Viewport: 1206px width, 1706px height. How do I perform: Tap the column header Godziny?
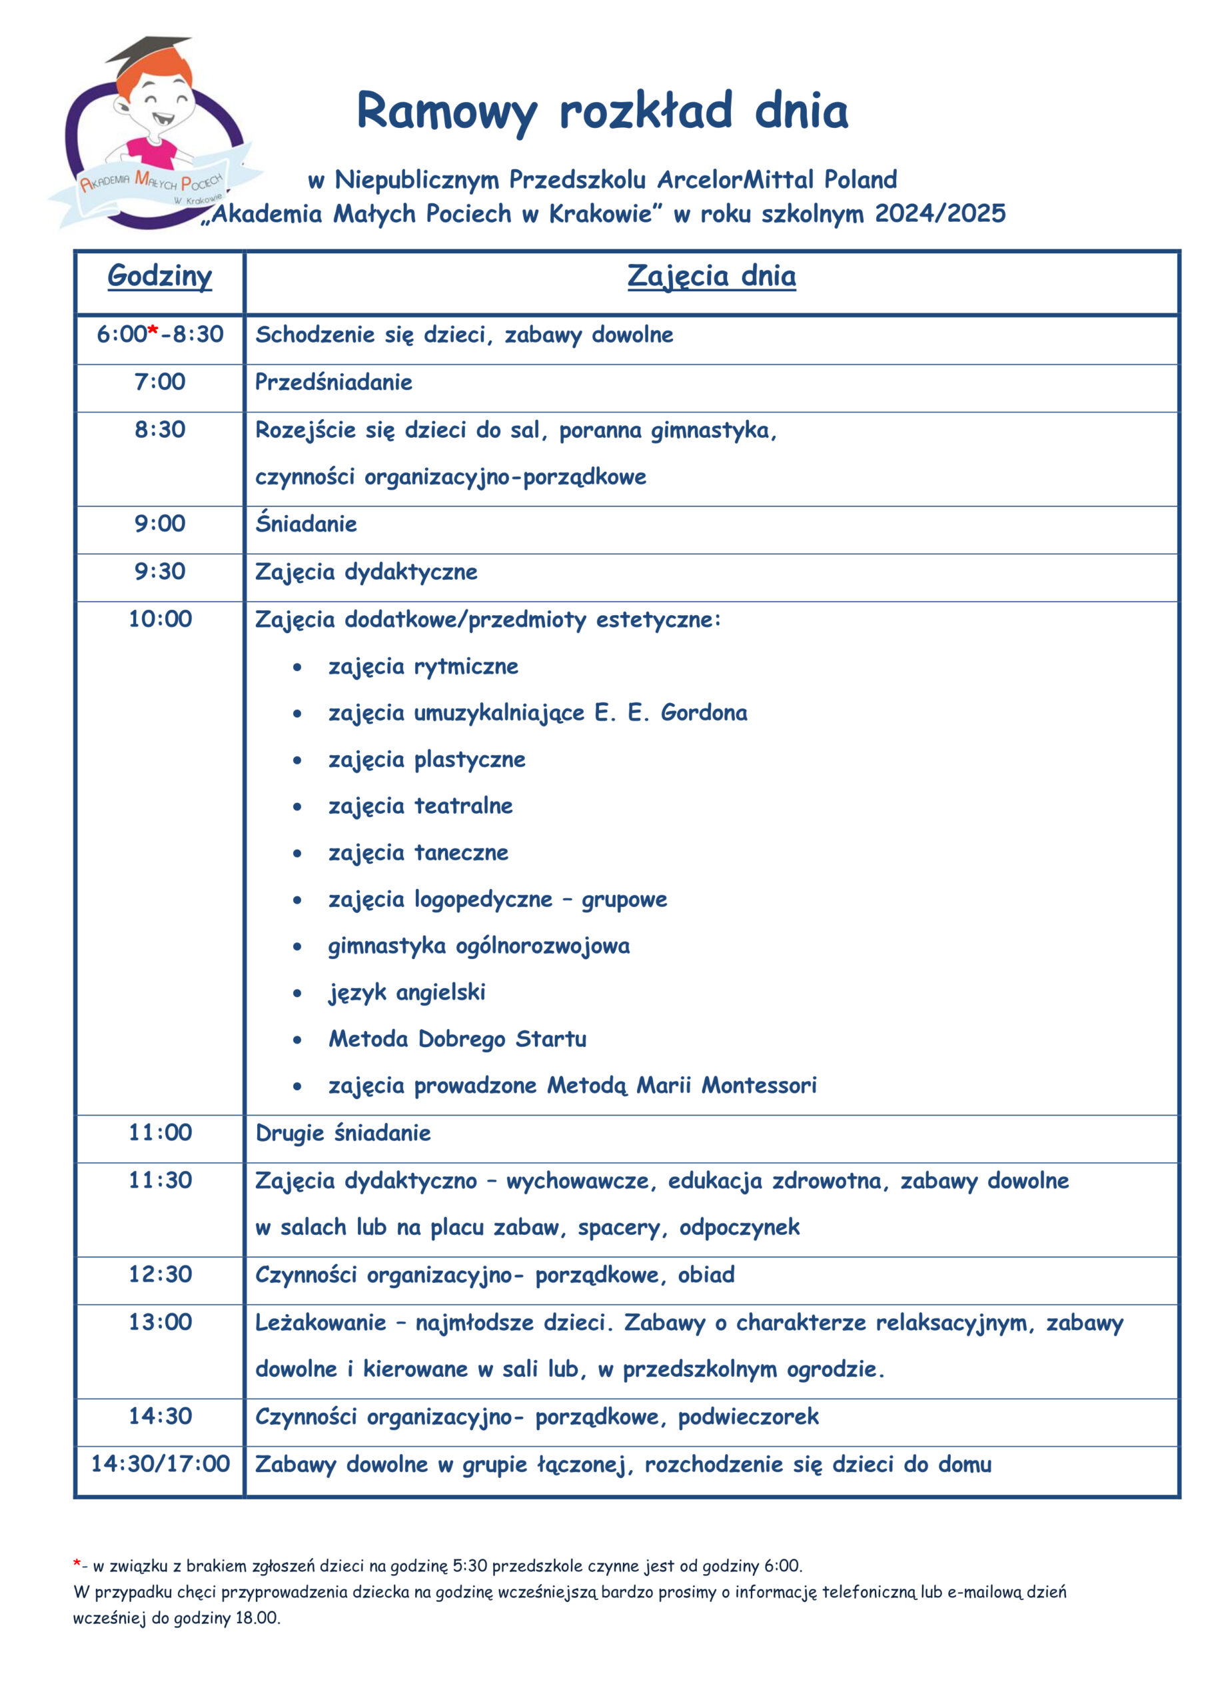coord(160,276)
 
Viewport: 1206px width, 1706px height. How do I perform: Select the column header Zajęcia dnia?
coord(711,276)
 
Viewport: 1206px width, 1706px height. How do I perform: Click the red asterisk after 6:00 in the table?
coord(153,331)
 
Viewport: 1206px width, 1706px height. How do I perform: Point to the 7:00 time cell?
coord(160,382)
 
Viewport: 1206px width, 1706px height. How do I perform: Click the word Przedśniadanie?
coord(334,382)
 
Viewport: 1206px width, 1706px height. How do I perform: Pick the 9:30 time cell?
coord(160,571)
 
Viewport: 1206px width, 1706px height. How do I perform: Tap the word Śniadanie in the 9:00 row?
coord(306,524)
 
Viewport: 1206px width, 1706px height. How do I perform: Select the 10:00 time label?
coord(160,619)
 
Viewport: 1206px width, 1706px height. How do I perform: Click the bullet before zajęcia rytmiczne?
coord(297,667)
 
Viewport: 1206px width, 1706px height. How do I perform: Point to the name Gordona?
coord(704,712)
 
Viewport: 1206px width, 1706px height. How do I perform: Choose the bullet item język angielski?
coord(406,993)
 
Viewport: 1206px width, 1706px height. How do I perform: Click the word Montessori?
coord(759,1086)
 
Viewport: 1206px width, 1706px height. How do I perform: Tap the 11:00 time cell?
coord(160,1132)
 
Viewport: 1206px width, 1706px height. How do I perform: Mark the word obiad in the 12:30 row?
coord(706,1275)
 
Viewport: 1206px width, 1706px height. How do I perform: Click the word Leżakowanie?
coord(320,1323)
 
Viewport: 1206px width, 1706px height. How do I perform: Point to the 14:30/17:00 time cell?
coord(160,1464)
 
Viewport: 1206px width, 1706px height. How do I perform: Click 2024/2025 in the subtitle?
coord(940,214)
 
